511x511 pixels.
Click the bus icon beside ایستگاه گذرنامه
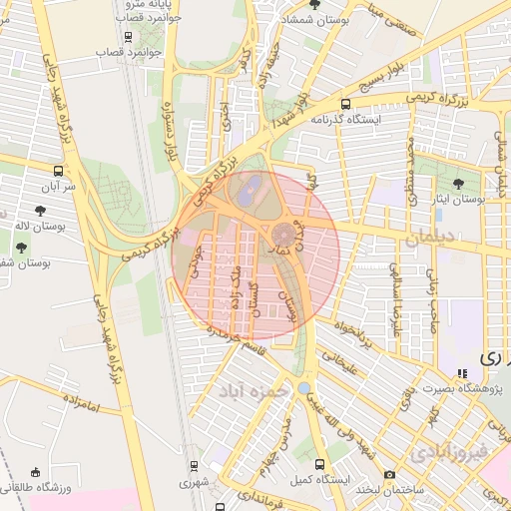coord(345,104)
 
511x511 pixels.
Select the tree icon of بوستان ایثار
coord(458,184)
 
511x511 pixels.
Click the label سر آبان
coord(58,186)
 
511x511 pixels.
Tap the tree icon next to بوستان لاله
coord(39,211)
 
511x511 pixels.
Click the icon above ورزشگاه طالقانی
coord(37,472)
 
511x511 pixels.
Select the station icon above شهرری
coord(193,465)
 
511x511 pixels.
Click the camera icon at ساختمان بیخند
coord(389,473)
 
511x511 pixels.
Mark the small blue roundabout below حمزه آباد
coord(303,387)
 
